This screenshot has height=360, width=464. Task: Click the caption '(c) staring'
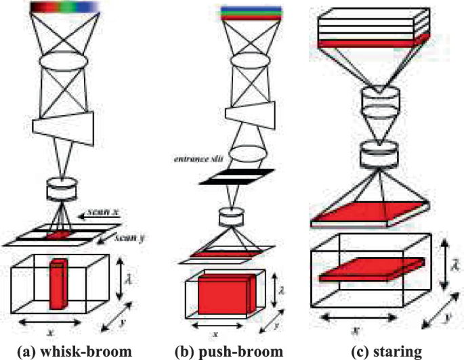tap(381, 351)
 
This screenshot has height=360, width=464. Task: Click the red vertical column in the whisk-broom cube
tap(60, 279)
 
